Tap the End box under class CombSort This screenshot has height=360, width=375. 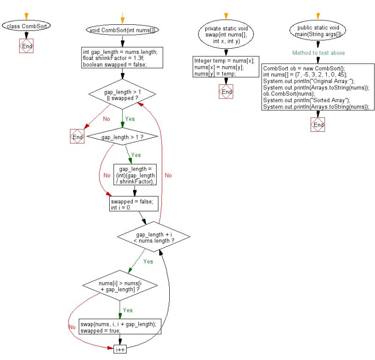point(26,46)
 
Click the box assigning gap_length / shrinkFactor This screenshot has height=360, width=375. point(135,175)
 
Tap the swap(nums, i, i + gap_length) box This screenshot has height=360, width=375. point(120,327)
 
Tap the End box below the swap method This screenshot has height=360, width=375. point(226,92)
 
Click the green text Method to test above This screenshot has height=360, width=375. point(318,53)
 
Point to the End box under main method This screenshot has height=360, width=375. point(318,125)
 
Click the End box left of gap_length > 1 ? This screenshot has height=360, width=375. point(77,137)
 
